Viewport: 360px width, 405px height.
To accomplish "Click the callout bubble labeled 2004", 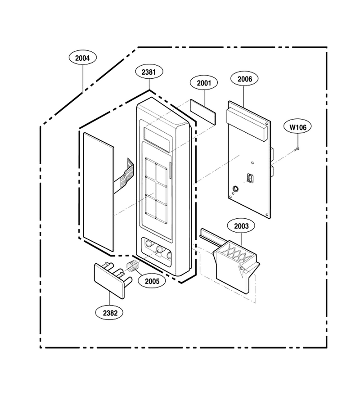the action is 83,58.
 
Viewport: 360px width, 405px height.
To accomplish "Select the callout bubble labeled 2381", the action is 149,72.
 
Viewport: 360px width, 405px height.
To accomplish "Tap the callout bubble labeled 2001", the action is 204,83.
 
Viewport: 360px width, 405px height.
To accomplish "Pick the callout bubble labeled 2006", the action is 244,79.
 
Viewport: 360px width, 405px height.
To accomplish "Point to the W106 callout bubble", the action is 297,127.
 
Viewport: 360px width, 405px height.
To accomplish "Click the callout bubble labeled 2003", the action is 241,226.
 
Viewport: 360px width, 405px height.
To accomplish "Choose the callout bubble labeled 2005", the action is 152,281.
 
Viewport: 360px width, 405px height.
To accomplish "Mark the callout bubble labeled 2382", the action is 110,313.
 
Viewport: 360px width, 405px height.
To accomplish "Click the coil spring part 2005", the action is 133,266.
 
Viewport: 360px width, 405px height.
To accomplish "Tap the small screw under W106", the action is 297,149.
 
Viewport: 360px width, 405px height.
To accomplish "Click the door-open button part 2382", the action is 113,279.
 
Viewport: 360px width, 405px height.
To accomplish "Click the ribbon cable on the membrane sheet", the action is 124,175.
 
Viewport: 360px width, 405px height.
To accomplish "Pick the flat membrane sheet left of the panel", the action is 99,192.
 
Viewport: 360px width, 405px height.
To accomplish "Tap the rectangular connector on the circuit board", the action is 250,177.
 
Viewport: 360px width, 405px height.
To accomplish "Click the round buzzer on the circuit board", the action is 235,189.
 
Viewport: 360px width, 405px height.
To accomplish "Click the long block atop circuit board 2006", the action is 247,124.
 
